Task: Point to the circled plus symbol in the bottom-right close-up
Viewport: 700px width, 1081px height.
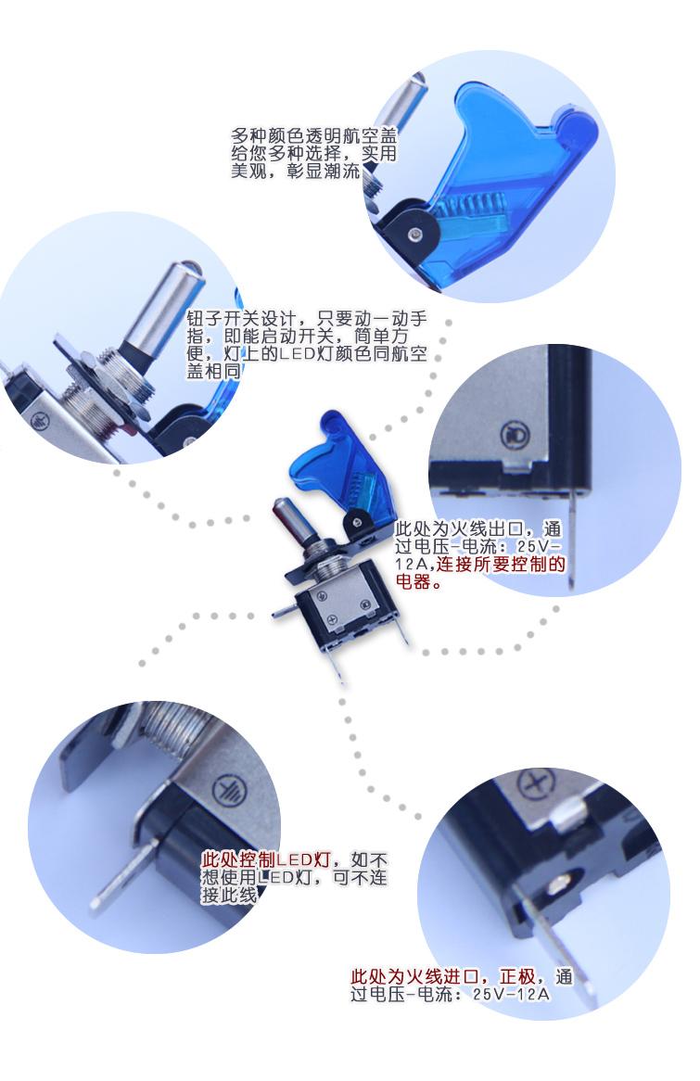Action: [x=537, y=783]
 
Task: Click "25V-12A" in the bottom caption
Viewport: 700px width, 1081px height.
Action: [x=511, y=994]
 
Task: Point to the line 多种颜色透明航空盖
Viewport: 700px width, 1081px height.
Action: [x=313, y=135]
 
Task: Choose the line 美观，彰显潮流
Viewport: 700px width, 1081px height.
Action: [x=296, y=171]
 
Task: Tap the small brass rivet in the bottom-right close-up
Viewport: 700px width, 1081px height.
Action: [x=561, y=881]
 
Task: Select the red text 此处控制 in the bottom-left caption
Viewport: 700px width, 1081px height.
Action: [x=238, y=859]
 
